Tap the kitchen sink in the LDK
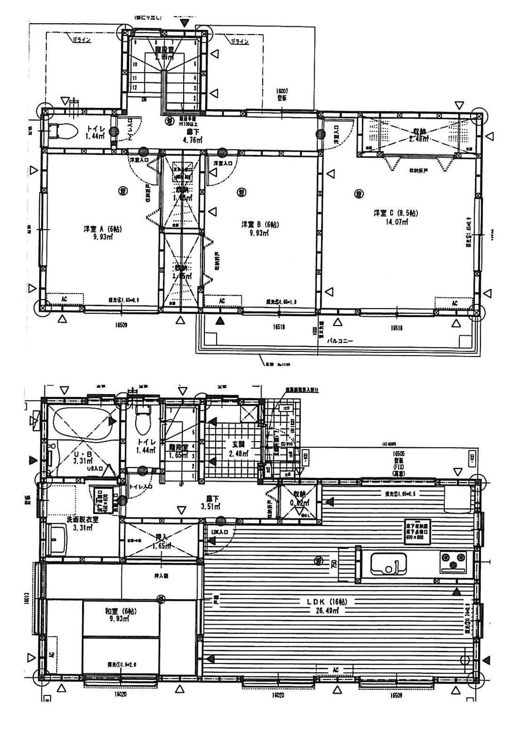pyautogui.click(x=388, y=563)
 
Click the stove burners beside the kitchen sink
pyautogui.click(x=453, y=561)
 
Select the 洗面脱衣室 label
pyautogui.click(x=82, y=520)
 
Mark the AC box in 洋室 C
pyautogui.click(x=454, y=303)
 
